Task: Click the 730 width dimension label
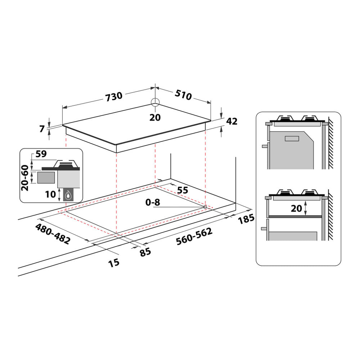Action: tap(114, 96)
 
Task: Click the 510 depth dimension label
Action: tap(183, 95)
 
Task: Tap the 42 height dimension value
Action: tap(231, 121)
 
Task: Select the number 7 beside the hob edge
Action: tap(42, 129)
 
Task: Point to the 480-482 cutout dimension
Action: tap(53, 234)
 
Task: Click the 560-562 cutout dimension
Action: tap(194, 237)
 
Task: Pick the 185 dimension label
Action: tap(246, 219)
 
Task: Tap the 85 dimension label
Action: tap(145, 252)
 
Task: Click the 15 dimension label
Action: tap(114, 263)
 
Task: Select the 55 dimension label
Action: tap(183, 190)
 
